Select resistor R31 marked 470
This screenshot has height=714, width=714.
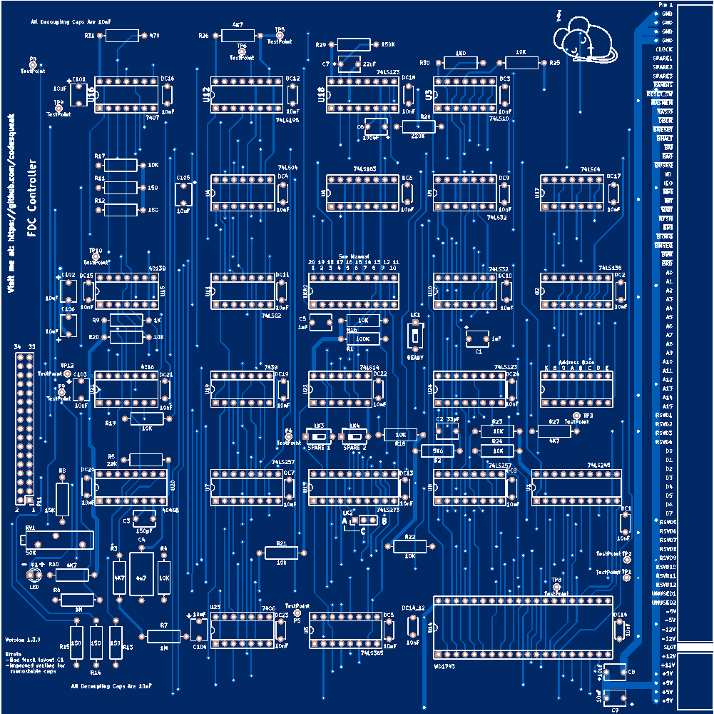coord(122,36)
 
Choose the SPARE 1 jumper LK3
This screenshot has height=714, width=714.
coord(318,435)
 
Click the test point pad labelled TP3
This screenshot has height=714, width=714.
coord(577,416)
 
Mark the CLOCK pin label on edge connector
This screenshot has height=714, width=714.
coord(664,49)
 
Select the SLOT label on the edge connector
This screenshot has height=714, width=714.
coord(668,646)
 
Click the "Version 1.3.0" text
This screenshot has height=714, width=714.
coord(23,639)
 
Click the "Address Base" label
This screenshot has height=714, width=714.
coord(576,362)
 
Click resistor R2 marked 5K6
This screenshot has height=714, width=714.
coord(438,451)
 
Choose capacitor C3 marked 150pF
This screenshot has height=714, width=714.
coord(144,519)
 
